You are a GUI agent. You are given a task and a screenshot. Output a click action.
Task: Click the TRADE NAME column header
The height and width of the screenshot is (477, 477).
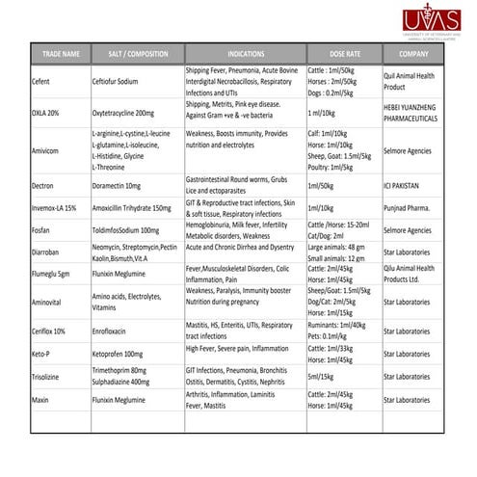coord(61,54)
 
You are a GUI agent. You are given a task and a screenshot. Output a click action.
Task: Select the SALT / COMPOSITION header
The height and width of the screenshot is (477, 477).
coord(134,54)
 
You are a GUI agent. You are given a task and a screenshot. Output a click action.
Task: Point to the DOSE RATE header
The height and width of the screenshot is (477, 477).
coord(332,54)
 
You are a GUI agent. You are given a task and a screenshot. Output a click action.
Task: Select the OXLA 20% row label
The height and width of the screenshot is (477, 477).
coord(48,112)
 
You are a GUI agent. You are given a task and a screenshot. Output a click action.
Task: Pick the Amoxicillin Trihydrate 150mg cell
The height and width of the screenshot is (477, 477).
coord(131,207)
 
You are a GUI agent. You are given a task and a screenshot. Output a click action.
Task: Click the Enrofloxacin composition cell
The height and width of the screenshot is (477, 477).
coord(115,331)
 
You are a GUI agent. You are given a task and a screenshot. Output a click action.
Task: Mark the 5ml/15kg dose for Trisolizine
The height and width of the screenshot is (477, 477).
coord(322,376)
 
